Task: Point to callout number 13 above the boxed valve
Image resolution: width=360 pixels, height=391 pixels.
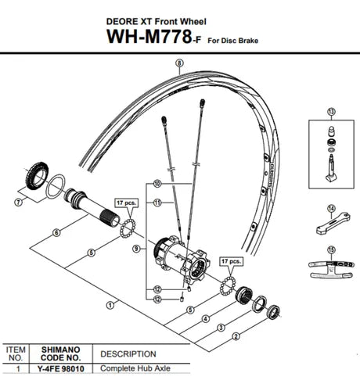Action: (332, 113)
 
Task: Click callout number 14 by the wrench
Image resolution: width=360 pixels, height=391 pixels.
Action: (331, 208)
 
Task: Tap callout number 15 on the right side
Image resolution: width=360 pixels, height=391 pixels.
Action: (331, 249)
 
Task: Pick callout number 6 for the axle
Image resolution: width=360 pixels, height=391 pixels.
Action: (56, 232)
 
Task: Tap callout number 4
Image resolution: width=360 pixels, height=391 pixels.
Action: (206, 318)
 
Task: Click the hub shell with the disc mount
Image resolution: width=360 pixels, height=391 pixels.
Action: (179, 257)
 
